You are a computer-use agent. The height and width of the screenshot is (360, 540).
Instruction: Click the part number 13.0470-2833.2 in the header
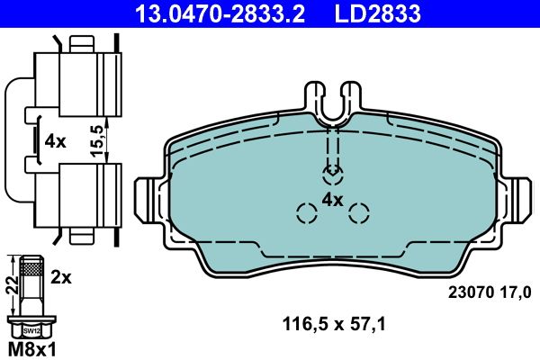click(220, 13)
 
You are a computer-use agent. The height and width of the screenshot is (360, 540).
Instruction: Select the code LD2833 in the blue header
click(377, 13)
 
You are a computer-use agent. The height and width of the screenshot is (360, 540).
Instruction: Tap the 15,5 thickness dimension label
click(97, 141)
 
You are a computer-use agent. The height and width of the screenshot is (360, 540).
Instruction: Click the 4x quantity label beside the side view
click(55, 141)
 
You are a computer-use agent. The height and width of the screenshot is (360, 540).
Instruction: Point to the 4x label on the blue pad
click(332, 200)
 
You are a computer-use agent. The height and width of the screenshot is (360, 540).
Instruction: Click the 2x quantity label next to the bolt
click(61, 276)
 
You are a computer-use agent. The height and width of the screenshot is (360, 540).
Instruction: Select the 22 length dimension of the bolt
click(12, 285)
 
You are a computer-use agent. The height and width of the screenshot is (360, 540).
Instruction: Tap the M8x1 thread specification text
click(31, 350)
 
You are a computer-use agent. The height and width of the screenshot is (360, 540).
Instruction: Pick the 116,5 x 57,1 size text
click(334, 324)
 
